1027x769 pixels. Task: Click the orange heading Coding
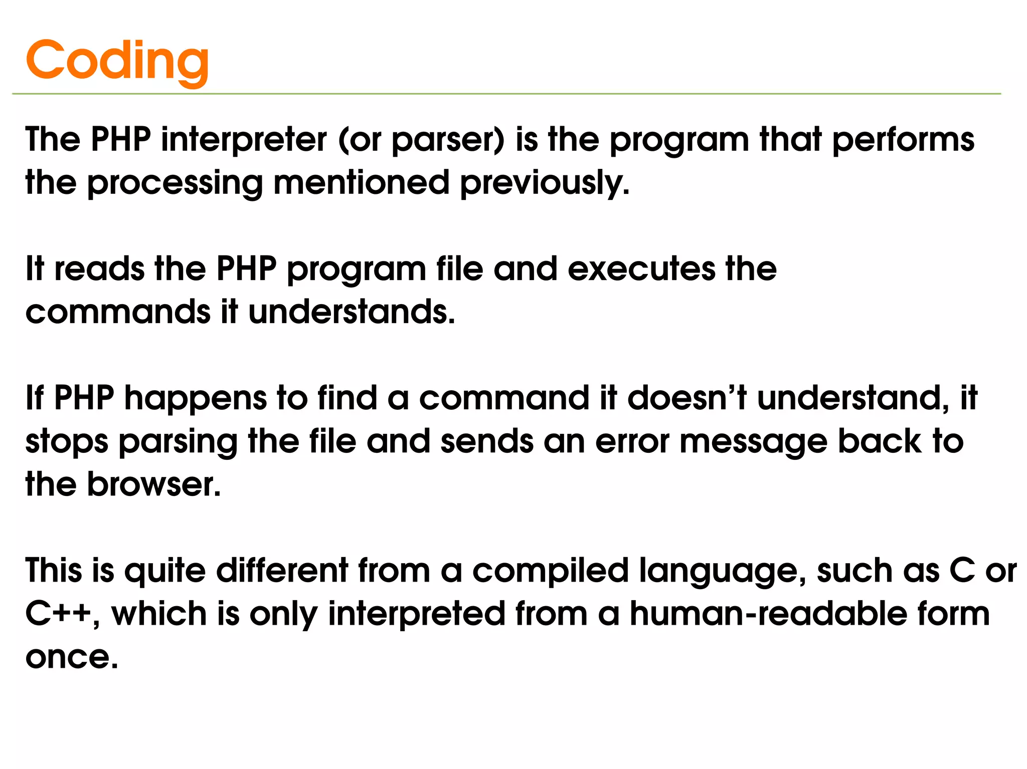(117, 61)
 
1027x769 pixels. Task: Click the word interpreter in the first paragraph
(244, 139)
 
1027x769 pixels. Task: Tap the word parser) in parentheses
(447, 140)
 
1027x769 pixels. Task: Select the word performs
(903, 140)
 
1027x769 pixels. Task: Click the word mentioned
(361, 182)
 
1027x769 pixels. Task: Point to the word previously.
(545, 183)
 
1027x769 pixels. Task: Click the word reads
(99, 269)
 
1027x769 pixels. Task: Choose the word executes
(641, 269)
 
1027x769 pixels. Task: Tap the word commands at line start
(118, 312)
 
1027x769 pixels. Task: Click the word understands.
(352, 312)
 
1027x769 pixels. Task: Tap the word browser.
(153, 484)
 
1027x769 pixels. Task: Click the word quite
(165, 572)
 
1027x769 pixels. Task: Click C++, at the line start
(62, 614)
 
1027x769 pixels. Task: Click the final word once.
(72, 657)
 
